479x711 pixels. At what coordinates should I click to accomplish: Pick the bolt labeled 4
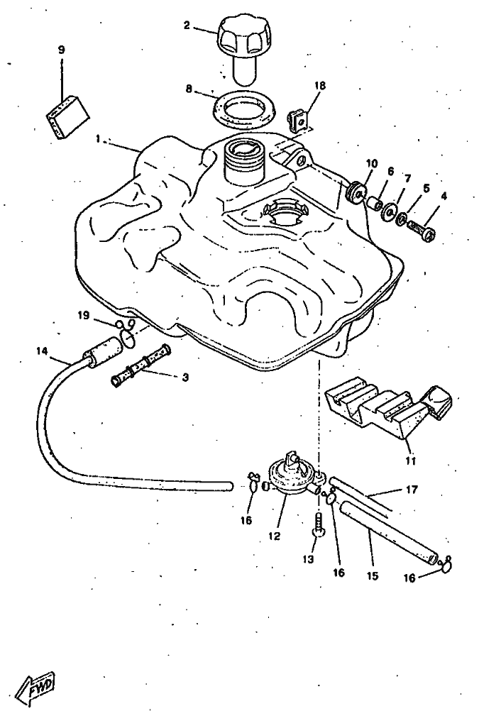pyautogui.click(x=422, y=230)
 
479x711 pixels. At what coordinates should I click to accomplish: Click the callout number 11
pyautogui.click(x=410, y=461)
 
